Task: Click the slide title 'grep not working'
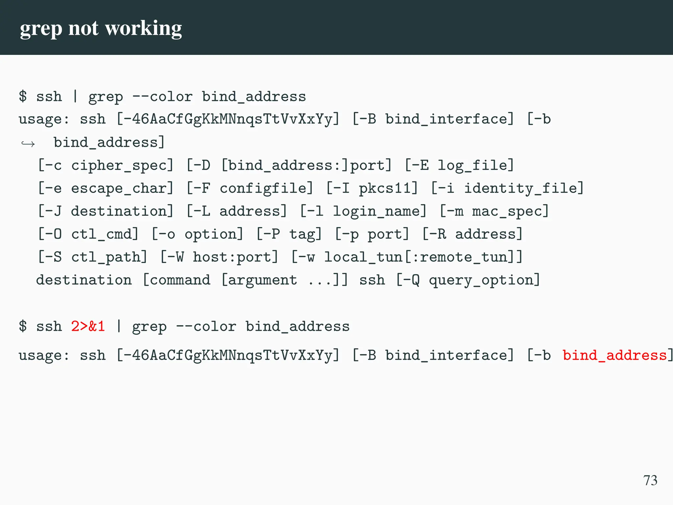[x=101, y=28]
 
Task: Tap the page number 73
[x=650, y=480]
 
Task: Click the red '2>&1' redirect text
[x=88, y=326]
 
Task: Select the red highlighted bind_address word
[x=615, y=355]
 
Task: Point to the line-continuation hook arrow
[x=28, y=144]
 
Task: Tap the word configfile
[x=266, y=188]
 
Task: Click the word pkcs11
[x=388, y=188]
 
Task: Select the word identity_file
[x=523, y=188]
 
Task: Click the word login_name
[x=379, y=211]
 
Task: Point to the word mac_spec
[x=510, y=211]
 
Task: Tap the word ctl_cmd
[x=104, y=234]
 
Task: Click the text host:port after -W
[x=235, y=257]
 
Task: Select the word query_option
[x=484, y=280]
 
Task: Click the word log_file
[x=475, y=165]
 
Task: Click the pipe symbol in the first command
[x=75, y=96]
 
